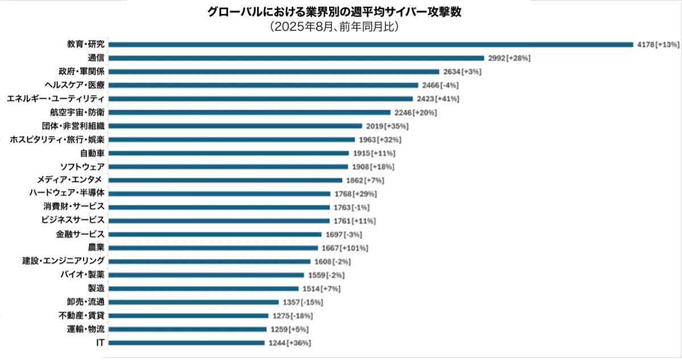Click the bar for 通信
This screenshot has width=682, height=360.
296,58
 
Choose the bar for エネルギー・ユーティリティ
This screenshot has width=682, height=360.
261,98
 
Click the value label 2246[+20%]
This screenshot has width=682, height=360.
415,113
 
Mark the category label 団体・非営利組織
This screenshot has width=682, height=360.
73,126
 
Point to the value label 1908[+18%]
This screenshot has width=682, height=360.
373,167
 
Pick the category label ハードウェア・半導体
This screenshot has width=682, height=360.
66,193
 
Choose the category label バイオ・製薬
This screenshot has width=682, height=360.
82,275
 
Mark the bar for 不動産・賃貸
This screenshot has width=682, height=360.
188,316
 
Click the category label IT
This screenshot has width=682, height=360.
100,342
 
